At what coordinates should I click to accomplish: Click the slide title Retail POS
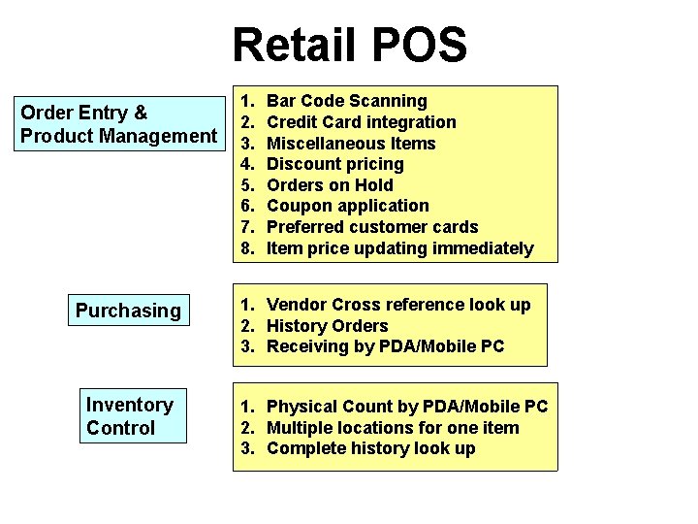(x=349, y=46)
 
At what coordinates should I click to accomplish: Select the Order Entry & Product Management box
(x=119, y=124)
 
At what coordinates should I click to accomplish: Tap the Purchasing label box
(x=128, y=311)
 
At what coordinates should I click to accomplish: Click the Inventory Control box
(x=131, y=416)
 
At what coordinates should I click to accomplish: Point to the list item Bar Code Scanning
(x=346, y=101)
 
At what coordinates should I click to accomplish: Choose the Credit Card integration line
(x=361, y=122)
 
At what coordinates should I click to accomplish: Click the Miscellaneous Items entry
(x=351, y=144)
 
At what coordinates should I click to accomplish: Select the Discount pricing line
(x=334, y=164)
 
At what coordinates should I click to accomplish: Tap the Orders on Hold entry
(x=330, y=185)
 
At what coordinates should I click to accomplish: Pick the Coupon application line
(x=347, y=206)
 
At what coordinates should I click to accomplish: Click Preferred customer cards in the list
(x=372, y=227)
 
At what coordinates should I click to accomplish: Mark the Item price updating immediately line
(x=399, y=248)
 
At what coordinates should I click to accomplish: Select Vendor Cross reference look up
(x=398, y=305)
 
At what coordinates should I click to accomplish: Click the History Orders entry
(x=327, y=326)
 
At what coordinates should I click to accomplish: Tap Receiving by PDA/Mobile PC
(x=385, y=346)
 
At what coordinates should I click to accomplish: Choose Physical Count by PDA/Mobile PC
(x=407, y=407)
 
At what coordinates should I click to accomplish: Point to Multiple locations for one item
(x=393, y=428)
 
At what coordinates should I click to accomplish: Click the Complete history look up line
(x=370, y=448)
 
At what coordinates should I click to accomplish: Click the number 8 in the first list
(x=247, y=248)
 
